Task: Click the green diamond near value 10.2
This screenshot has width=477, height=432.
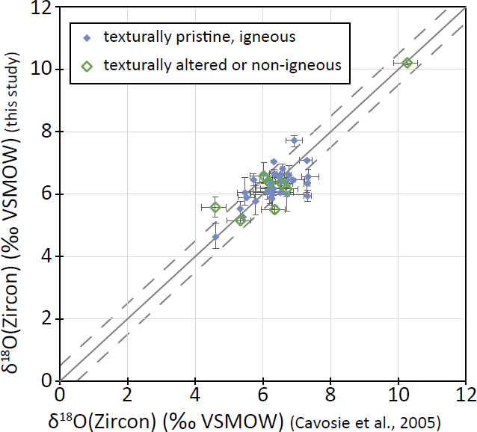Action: (406, 64)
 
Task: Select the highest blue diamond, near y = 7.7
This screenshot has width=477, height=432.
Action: (295, 141)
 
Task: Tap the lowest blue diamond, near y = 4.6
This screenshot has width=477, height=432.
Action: (215, 237)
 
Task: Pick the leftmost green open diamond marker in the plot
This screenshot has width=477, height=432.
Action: (215, 207)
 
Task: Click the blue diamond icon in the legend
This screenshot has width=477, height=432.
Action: (87, 37)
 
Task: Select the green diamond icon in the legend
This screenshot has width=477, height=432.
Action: (87, 65)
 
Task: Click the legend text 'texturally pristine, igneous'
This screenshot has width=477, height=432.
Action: (189, 37)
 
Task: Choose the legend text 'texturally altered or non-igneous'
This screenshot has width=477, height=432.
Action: (222, 65)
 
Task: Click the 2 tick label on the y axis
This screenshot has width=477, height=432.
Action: (46, 318)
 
